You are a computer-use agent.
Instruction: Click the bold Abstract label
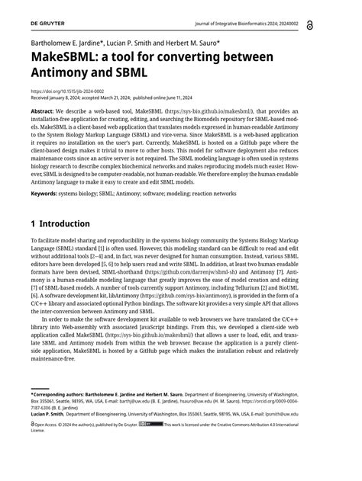point(42,111)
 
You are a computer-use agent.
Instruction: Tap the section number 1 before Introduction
point(34,224)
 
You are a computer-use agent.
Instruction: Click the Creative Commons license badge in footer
point(151,424)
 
